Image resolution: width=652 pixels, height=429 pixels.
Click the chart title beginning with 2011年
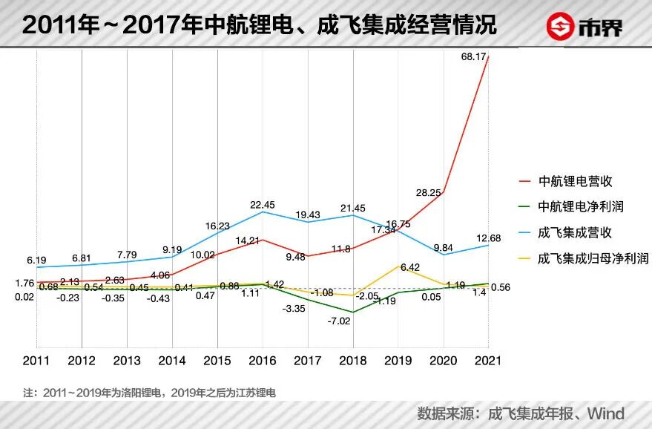pyautogui.click(x=259, y=26)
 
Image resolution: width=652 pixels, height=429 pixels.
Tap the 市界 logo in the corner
pyautogui.click(x=585, y=27)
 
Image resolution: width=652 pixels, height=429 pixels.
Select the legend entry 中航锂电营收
pyautogui.click(x=575, y=181)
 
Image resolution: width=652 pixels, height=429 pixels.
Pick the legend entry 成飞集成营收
pyautogui.click(x=575, y=232)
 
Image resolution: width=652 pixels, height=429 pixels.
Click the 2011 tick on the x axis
pyautogui.click(x=36, y=361)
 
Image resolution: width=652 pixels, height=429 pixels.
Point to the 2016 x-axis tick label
pyautogui.click(x=263, y=361)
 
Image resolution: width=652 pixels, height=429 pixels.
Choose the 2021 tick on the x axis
pyautogui.click(x=488, y=361)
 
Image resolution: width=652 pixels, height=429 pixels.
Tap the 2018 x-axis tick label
pyautogui.click(x=353, y=361)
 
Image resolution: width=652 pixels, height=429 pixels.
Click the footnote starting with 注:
pyautogui.click(x=149, y=391)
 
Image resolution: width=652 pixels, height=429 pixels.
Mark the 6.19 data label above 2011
pyautogui.click(x=36, y=261)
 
